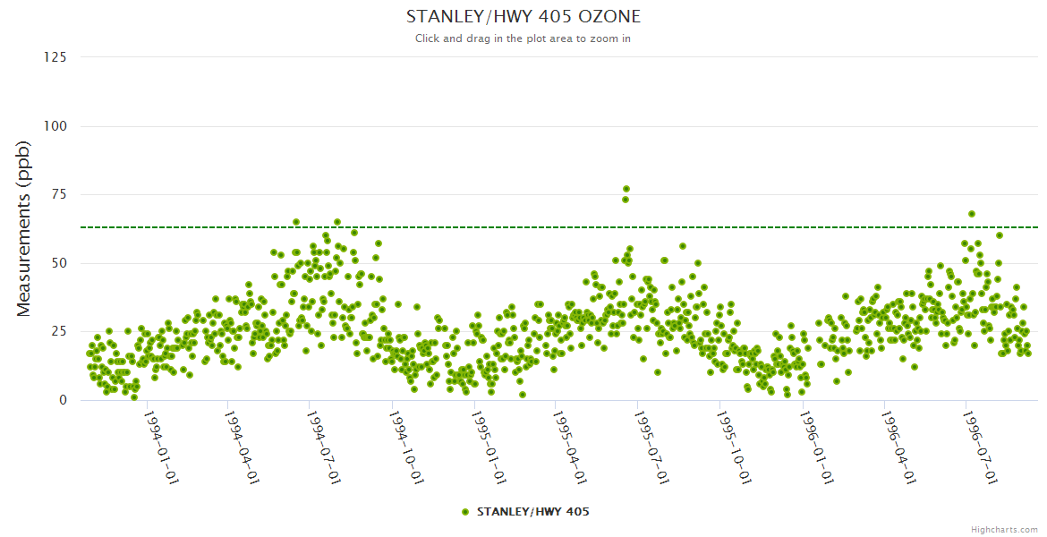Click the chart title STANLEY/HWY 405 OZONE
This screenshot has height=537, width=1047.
click(x=523, y=17)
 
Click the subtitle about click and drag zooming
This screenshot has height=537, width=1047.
click(x=523, y=38)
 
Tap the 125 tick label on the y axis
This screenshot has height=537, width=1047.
click(x=55, y=57)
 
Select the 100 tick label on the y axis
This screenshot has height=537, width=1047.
click(x=55, y=126)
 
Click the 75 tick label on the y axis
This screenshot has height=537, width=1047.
click(x=58, y=194)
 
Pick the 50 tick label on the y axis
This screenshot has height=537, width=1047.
click(x=58, y=263)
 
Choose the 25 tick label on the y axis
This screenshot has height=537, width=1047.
click(x=58, y=332)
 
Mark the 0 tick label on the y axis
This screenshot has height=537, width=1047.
click(x=62, y=400)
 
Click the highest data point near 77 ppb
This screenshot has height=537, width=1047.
click(x=626, y=189)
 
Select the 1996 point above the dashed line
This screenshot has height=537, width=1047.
click(x=972, y=214)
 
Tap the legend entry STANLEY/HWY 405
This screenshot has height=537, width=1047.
click(x=532, y=512)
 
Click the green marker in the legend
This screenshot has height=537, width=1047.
click(x=464, y=512)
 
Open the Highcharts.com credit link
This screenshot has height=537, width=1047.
click(x=1004, y=529)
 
